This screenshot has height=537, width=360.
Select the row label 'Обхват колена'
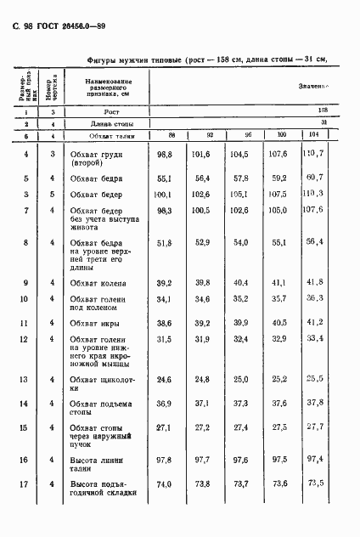[99, 283]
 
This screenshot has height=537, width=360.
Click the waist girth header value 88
[172, 135]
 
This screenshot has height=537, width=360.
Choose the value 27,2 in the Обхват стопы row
[204, 427]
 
